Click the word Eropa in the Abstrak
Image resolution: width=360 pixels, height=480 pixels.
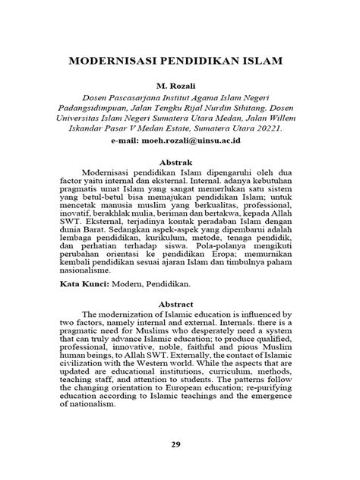pyautogui.click(x=213, y=249)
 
